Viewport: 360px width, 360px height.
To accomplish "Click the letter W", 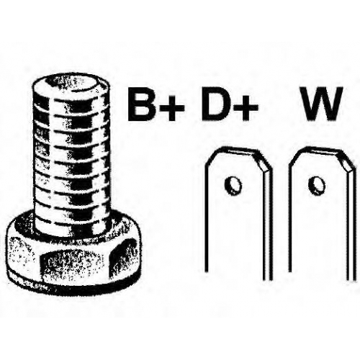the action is click(x=320, y=104).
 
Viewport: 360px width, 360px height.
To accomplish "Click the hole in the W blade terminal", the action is click(x=317, y=185).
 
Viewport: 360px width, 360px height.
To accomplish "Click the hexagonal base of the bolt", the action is click(x=73, y=254).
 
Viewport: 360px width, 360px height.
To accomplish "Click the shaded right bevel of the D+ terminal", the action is click(x=262, y=161).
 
